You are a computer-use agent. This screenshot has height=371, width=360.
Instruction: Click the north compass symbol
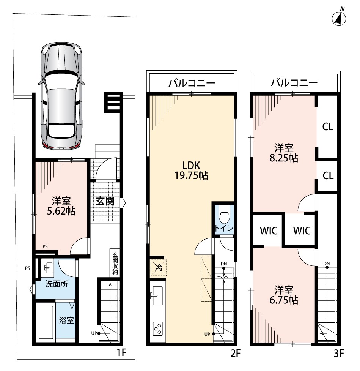[x=339, y=18]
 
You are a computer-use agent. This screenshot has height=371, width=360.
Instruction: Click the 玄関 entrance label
[x=105, y=201]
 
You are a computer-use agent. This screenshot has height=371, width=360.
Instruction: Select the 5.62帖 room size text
[x=61, y=211]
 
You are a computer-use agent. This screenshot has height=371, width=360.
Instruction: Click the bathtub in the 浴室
[x=46, y=322]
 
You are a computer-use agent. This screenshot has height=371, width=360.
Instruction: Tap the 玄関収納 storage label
[x=115, y=263]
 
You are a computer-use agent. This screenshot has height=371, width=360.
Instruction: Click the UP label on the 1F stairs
[x=94, y=333]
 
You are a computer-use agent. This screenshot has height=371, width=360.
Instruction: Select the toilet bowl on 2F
[x=224, y=215]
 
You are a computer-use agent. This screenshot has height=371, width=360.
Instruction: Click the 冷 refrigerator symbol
[x=158, y=268]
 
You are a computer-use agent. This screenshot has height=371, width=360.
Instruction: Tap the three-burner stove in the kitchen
[x=157, y=328]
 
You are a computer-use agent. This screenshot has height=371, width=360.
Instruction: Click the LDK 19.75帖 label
[x=191, y=171]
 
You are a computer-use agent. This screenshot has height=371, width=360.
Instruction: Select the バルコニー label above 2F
[x=192, y=83]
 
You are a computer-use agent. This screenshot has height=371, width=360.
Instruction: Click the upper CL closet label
[x=328, y=127]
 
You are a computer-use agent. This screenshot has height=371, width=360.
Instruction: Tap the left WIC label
[x=269, y=231]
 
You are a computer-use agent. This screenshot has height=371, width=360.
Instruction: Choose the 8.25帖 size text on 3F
[x=284, y=158]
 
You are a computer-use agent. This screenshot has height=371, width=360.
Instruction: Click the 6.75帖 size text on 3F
[x=284, y=300]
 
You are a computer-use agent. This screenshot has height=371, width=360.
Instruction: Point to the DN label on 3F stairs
[x=327, y=264]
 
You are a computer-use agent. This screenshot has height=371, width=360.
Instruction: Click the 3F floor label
[x=338, y=354]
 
